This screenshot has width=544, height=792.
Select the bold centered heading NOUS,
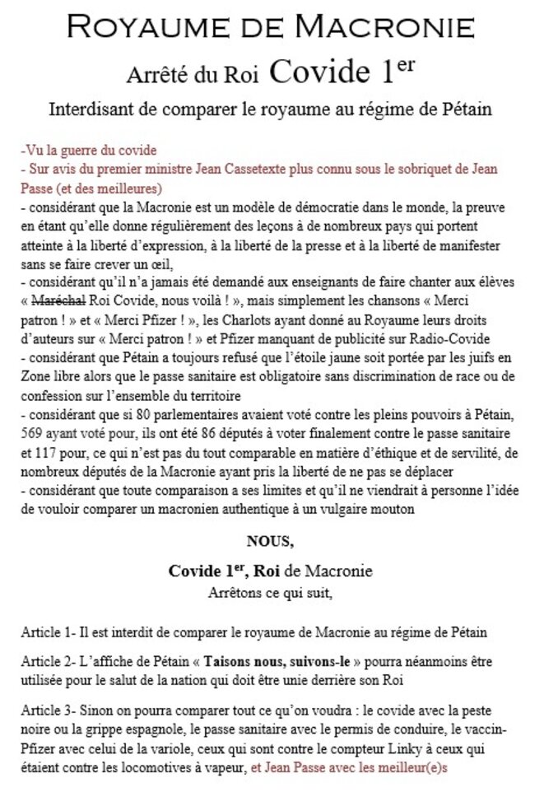coord(269,541)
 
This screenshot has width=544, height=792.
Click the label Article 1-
coord(48,632)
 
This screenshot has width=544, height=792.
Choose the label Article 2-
coord(48,661)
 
